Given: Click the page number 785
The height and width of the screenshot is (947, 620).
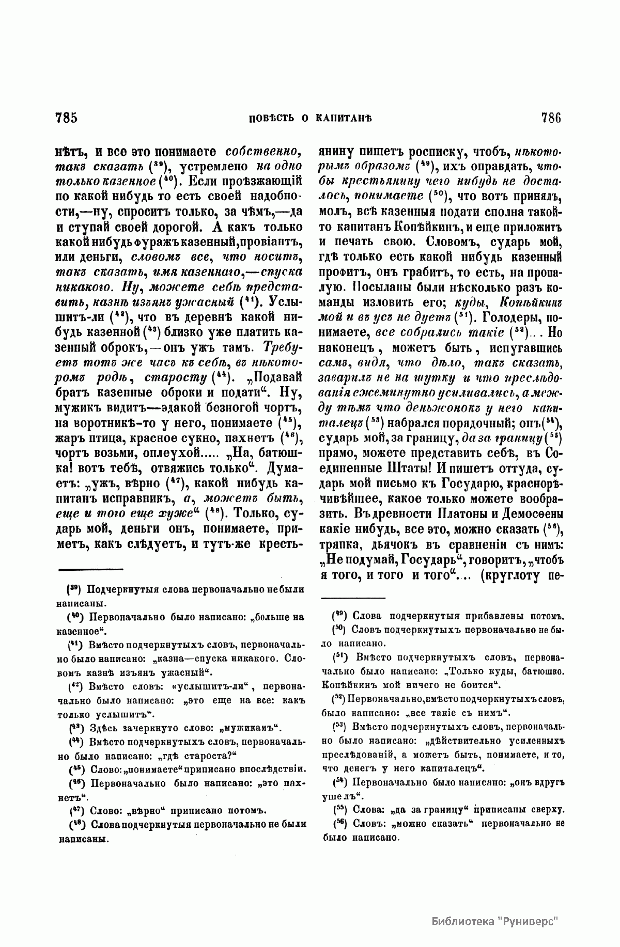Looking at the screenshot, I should pos(66,118).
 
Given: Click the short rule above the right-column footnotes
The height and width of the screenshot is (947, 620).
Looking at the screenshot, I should pos(353,599).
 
